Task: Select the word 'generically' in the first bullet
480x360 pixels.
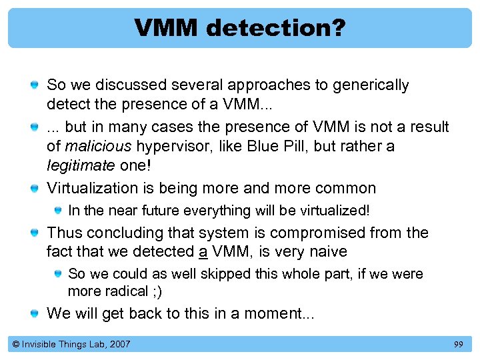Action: click(371, 85)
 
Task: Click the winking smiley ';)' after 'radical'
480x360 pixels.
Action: click(155, 291)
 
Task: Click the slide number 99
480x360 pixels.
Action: click(457, 344)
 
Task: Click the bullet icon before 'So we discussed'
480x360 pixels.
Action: click(34, 86)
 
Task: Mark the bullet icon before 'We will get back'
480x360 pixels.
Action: click(34, 314)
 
